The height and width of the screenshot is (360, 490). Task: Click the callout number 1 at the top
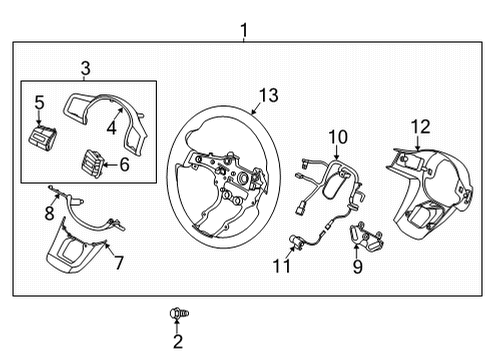click(244, 30)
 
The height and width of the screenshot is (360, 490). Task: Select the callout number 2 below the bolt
click(178, 342)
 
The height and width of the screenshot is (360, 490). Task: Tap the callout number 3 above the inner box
click(86, 68)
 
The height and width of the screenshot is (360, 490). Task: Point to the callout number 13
click(269, 95)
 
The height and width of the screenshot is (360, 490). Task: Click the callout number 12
click(421, 127)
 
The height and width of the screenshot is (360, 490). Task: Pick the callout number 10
click(338, 137)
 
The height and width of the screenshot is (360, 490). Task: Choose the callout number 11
click(282, 266)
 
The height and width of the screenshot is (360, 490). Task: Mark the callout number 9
click(358, 267)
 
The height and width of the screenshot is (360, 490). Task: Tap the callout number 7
click(119, 262)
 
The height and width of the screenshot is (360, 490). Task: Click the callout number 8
click(50, 213)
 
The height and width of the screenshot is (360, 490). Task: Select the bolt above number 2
click(179, 313)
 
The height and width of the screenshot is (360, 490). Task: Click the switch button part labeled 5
click(42, 136)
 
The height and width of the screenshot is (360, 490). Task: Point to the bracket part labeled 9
click(366, 236)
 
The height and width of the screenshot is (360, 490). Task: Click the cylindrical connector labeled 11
click(295, 241)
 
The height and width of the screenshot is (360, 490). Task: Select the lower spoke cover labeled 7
click(75, 247)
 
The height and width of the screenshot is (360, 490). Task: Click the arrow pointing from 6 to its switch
click(109, 164)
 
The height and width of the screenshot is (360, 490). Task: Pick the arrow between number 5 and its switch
click(39, 118)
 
